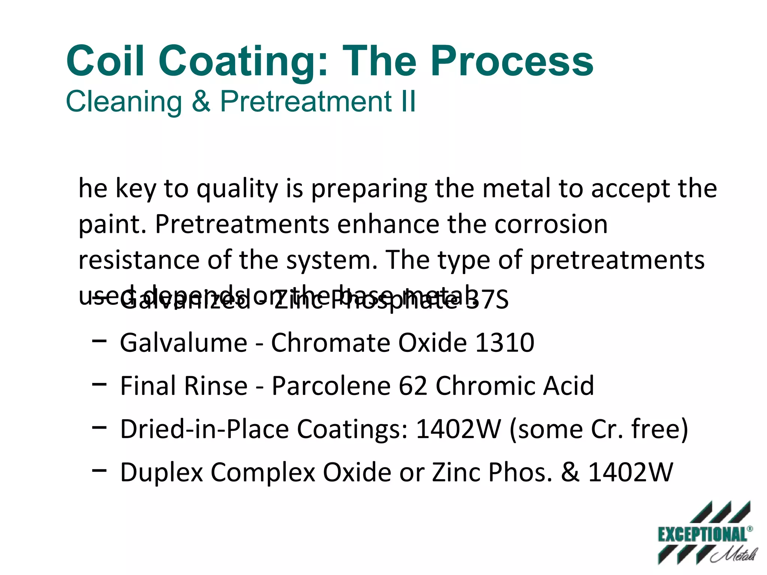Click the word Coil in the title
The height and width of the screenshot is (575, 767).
105,61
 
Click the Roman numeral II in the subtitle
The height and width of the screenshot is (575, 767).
407,101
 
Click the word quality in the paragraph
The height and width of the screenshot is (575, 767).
237,189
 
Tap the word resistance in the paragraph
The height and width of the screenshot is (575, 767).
139,260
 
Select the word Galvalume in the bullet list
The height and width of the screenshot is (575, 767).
184,343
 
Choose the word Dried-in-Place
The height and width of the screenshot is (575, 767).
204,429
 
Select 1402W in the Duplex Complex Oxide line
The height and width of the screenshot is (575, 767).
630,472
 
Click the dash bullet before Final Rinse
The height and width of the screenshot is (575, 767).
99,384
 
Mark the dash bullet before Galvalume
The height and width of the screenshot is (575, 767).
99,341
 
